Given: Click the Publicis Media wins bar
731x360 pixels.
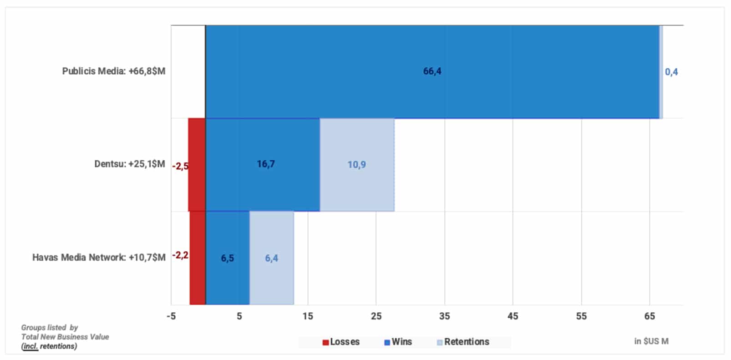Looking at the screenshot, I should click(432, 71).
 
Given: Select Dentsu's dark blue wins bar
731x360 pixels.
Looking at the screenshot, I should click(263, 164).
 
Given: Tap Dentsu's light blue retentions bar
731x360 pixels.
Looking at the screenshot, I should click(357, 164).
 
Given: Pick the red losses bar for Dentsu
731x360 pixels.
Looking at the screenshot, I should click(197, 164).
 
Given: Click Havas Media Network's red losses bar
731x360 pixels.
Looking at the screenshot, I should click(198, 258).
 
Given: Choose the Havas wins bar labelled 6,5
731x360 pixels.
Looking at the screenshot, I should click(228, 258).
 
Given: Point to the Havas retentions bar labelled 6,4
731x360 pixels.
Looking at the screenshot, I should click(272, 258).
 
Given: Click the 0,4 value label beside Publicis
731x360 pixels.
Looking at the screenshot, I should click(671, 72).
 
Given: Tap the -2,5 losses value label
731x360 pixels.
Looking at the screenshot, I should click(180, 166).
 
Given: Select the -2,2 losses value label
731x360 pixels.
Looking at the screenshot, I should click(180, 255).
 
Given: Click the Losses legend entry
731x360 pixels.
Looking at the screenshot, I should click(341, 342).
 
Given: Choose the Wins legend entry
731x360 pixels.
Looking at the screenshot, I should click(398, 342).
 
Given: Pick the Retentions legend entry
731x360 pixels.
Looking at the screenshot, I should click(463, 342).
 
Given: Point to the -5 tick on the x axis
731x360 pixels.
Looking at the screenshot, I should click(171, 316).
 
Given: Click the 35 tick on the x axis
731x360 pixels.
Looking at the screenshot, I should click(445, 316).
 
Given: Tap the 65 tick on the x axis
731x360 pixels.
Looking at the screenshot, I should click(650, 316).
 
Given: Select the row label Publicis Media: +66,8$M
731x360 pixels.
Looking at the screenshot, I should click(114, 71).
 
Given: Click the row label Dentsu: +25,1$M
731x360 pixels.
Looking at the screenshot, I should click(130, 164).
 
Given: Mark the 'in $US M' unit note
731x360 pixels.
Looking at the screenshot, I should click(651, 341).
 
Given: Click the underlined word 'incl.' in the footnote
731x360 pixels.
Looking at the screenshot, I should click(30, 346).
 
